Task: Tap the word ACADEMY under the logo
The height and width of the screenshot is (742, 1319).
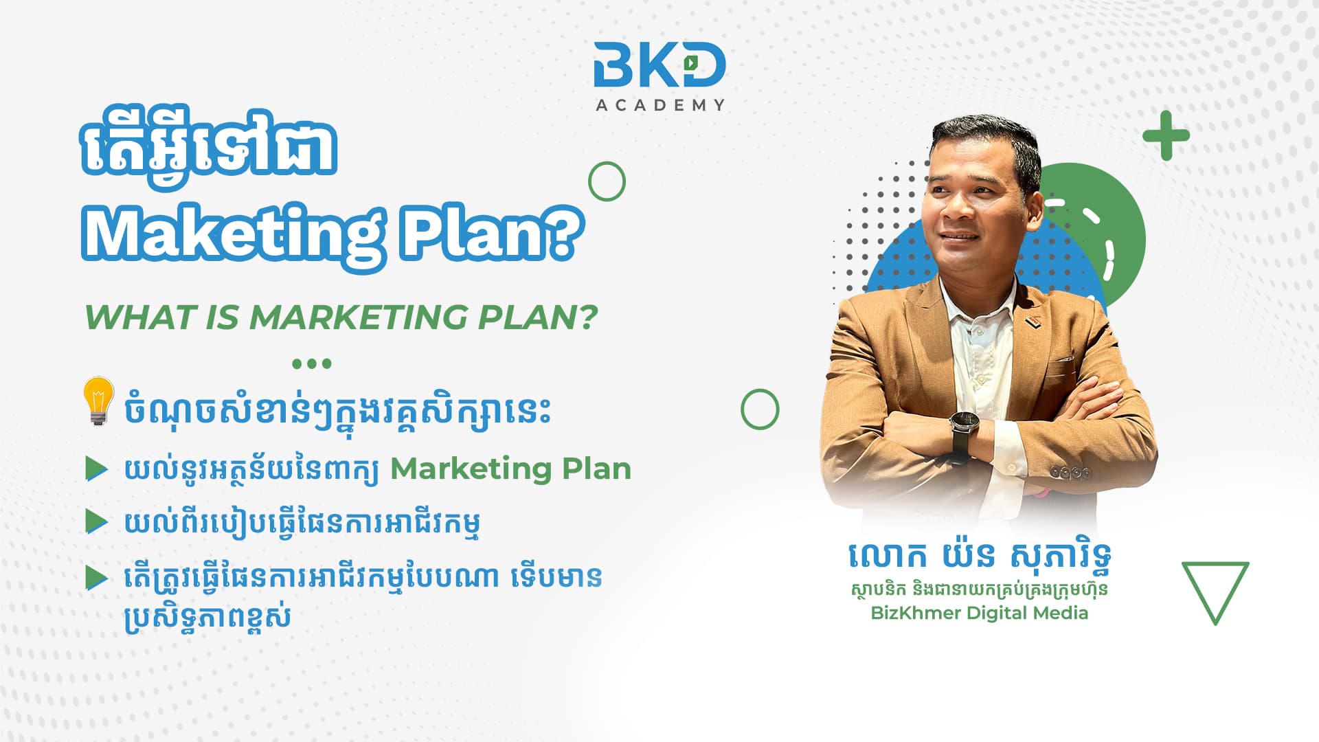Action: pyautogui.click(x=660, y=105)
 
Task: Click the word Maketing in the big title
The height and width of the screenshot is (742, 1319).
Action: pyautogui.click(x=232, y=235)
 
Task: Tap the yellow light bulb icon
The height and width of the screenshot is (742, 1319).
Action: pyautogui.click(x=98, y=401)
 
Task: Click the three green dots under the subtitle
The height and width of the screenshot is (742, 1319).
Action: pyautogui.click(x=312, y=363)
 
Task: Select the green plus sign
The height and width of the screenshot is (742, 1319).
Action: pyautogui.click(x=1166, y=135)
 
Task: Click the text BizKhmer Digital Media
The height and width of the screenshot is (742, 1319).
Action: pyautogui.click(x=979, y=613)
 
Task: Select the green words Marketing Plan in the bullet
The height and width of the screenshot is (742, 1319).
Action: pyautogui.click(x=510, y=469)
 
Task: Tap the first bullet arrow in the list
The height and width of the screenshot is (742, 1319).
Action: pyautogui.click(x=96, y=469)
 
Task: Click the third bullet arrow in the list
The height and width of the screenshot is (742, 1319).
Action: pyautogui.click(x=96, y=578)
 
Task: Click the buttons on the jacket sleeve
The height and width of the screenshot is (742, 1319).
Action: pyautogui.click(x=1071, y=473)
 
